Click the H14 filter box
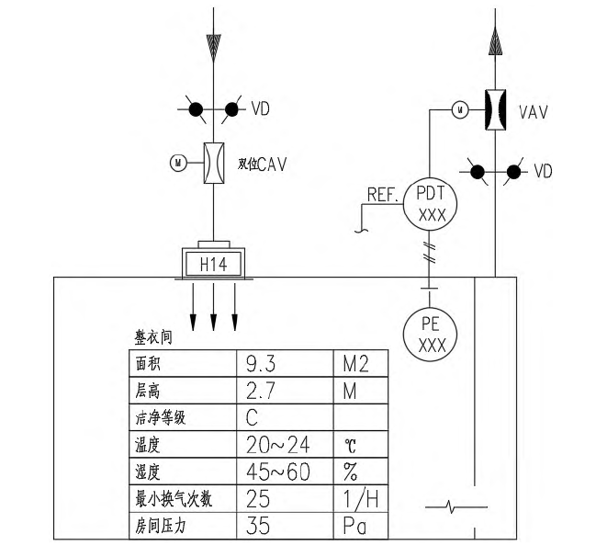point(213,265)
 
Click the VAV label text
point(534,112)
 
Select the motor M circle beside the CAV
point(177,164)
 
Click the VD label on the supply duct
point(262,109)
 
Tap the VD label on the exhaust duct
point(544,172)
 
